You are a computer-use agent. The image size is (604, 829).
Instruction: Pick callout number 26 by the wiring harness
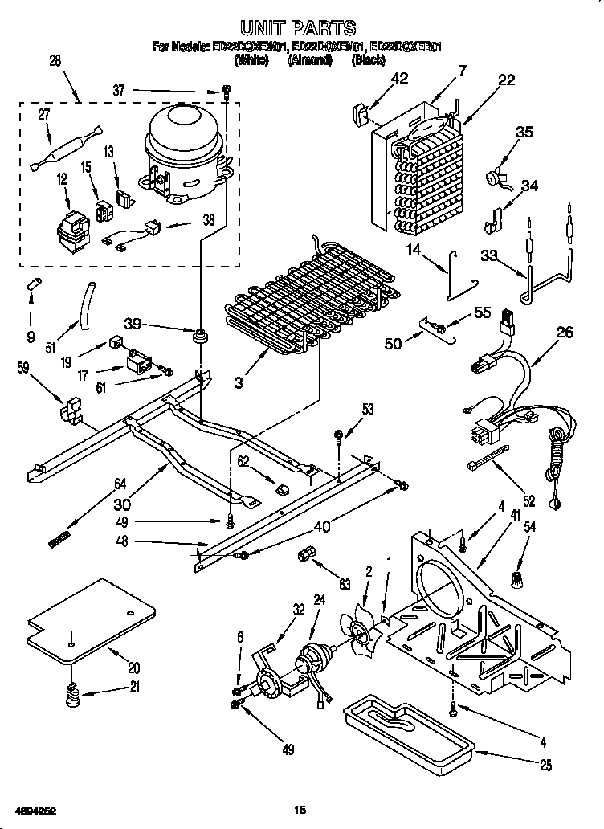point(565,332)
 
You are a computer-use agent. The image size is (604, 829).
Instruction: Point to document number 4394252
point(36,809)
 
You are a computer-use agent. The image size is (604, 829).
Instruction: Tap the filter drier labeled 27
point(68,147)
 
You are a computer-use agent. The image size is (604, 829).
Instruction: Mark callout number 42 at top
point(398,78)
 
